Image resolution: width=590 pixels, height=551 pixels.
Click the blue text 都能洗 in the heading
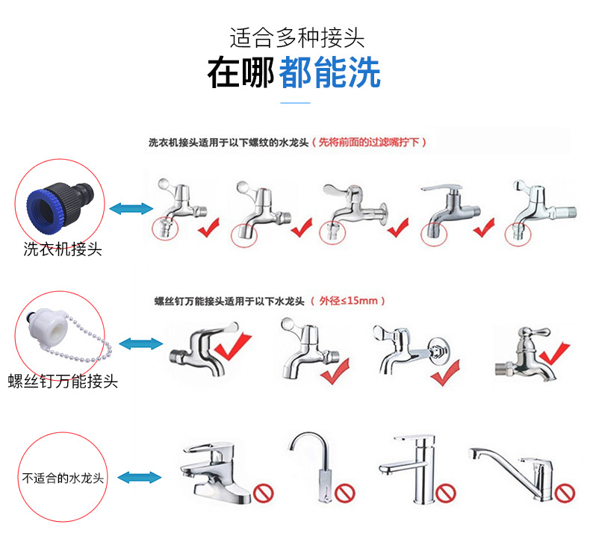click(329, 73)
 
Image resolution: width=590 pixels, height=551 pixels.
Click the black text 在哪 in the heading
click(240, 73)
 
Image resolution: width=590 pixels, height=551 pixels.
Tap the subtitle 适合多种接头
click(296, 37)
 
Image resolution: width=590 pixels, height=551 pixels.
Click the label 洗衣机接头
click(63, 249)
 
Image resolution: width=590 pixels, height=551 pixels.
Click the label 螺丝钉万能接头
click(63, 382)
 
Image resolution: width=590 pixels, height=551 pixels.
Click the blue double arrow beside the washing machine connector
click(130, 210)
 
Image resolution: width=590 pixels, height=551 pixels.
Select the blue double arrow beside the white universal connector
click(141, 343)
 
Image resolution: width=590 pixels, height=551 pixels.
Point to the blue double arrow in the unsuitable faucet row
click(141, 476)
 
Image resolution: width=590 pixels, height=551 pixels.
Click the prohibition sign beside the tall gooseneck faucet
click(343, 492)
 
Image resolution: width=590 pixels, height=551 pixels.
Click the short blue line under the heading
click(295, 103)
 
